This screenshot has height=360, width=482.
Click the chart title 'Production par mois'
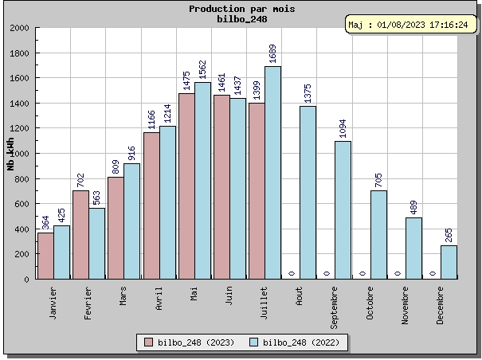click(241, 9)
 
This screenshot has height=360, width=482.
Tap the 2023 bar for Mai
click(186, 186)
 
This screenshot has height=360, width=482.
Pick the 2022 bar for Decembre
click(449, 262)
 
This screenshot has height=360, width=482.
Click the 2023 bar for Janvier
click(45, 256)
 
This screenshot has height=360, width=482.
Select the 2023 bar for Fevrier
click(80, 234)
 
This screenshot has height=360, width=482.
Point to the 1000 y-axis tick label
click(18, 154)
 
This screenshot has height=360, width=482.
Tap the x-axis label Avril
click(159, 299)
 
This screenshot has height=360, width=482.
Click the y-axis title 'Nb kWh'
click(10, 154)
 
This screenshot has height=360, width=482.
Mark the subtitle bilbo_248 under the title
click(241, 19)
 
